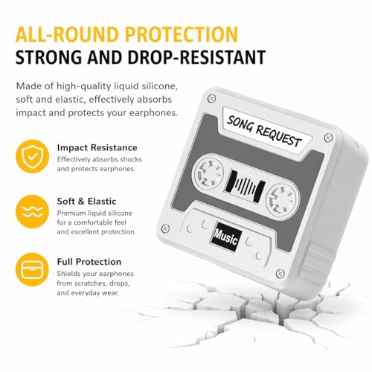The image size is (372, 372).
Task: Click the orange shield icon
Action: (33, 156)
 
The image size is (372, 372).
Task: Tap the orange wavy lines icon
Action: (33, 211)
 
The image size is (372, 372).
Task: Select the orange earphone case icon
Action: (33, 269)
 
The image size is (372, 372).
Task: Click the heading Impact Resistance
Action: (97, 147)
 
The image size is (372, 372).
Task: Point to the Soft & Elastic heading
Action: (86, 201)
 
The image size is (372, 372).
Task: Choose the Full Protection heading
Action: (89, 262)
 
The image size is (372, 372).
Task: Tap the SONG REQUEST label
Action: (264, 132)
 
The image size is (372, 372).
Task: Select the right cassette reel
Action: (283, 199)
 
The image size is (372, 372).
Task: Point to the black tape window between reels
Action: (245, 186)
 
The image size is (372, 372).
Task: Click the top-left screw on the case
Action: (211, 98)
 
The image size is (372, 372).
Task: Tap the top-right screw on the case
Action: (329, 137)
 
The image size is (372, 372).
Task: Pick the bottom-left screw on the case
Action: (165, 228)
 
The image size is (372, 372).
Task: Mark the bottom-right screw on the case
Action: (280, 273)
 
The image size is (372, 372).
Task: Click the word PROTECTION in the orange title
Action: (182, 34)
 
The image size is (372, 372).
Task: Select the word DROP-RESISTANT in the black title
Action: (196, 57)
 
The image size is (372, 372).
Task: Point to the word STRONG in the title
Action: (48, 57)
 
